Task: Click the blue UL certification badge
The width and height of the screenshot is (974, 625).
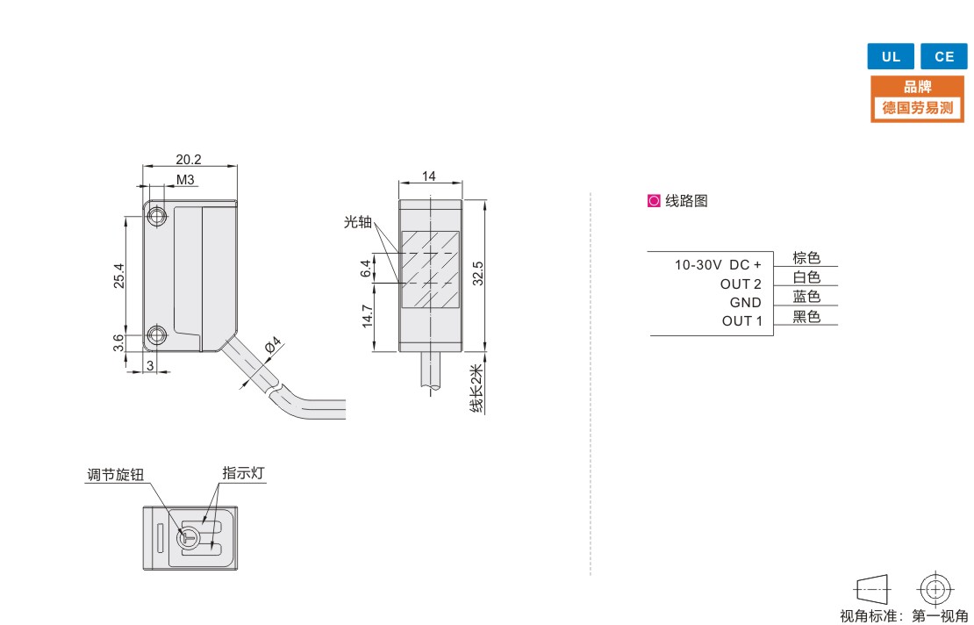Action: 890,56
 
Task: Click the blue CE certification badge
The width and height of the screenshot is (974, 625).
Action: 943,56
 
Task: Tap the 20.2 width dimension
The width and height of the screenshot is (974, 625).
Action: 188,159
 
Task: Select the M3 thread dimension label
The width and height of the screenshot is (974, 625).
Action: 185,180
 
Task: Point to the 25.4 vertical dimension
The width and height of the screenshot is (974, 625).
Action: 118,276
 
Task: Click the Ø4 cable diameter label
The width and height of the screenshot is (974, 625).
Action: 273,345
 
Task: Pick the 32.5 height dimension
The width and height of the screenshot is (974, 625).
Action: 477,273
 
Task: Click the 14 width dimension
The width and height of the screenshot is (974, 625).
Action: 428,176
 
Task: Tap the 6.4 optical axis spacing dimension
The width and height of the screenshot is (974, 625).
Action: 366,269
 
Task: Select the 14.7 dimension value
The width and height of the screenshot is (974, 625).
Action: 367,316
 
